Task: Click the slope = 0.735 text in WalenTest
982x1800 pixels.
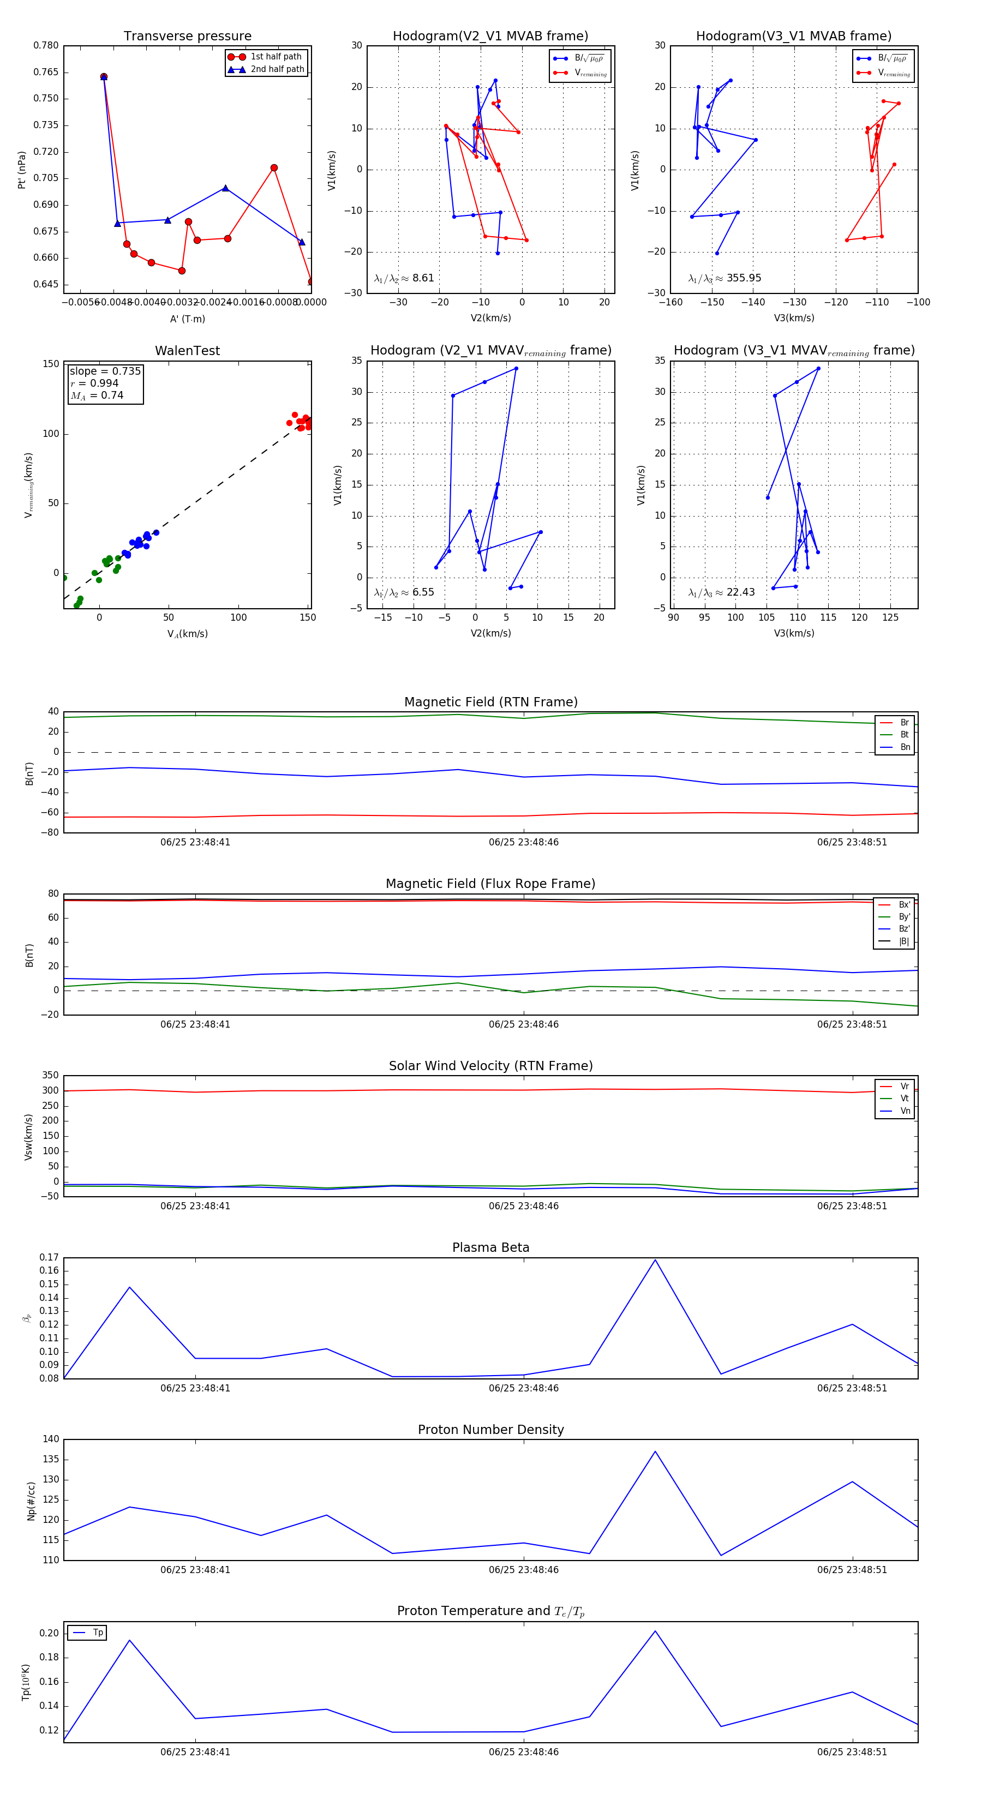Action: (105, 371)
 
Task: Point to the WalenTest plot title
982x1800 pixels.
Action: (187, 351)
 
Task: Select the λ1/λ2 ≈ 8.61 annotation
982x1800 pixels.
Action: (404, 278)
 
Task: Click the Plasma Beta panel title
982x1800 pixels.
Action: (490, 1247)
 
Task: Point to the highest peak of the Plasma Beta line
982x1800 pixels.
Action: (655, 1260)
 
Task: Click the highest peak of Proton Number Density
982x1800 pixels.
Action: (655, 1451)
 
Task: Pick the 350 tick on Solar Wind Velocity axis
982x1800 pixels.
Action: (50, 1076)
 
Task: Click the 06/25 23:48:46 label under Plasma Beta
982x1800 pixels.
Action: (524, 1388)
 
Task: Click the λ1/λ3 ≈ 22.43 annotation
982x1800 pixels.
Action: (721, 592)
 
